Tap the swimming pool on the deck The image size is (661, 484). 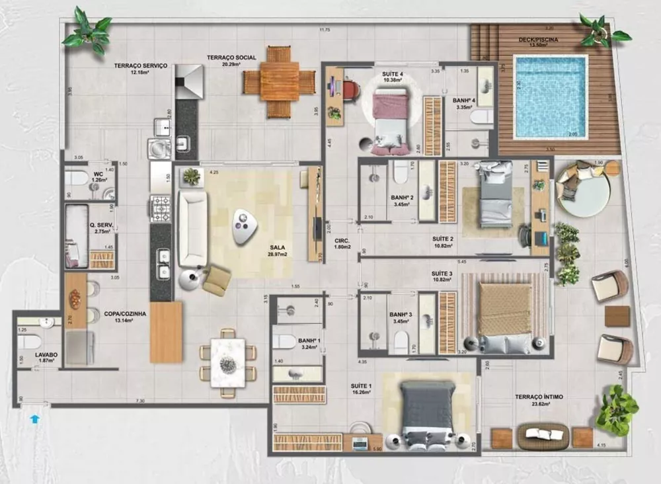[550, 97]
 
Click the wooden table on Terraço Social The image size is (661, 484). [280, 81]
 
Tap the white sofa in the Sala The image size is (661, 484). [192, 227]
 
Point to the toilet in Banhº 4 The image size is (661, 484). [481, 117]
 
